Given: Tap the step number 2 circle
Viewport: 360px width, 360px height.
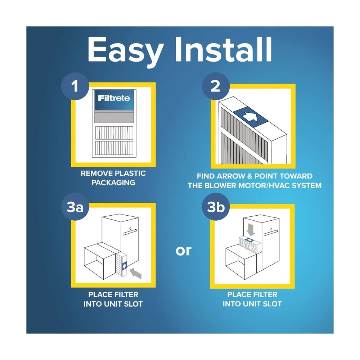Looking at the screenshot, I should (x=215, y=87).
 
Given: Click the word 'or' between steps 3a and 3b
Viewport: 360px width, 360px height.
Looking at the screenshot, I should (x=184, y=250).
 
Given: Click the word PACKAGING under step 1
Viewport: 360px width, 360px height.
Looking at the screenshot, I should (x=113, y=183).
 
